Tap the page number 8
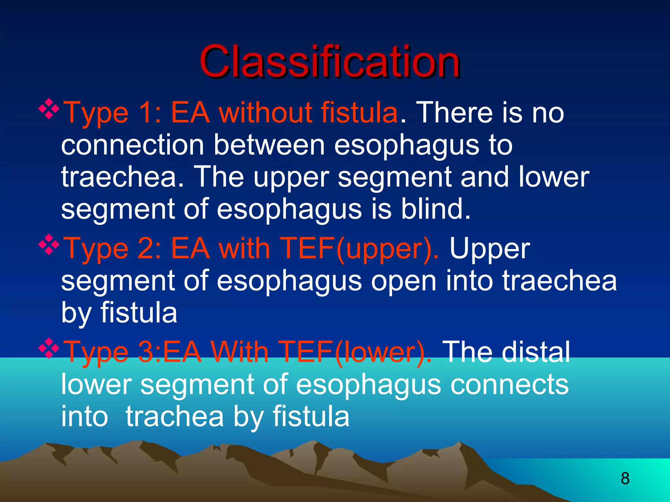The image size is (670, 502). [625, 478]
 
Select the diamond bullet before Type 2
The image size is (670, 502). [49, 245]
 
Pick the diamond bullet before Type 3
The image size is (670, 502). [49, 348]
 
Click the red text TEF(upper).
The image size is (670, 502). [360, 248]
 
